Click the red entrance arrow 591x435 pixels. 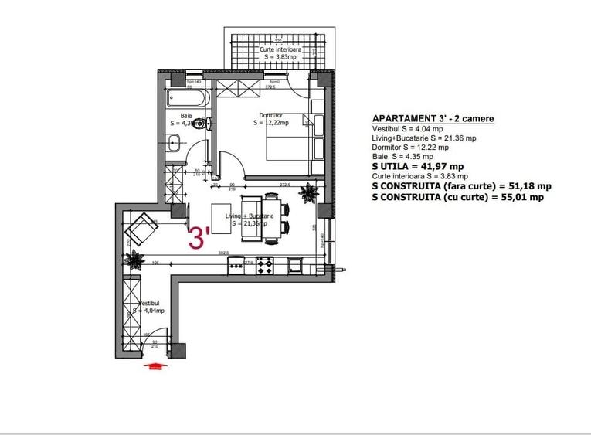pos(156,367)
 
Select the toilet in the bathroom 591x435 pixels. pos(202,123)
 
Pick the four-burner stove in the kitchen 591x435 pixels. pos(266,265)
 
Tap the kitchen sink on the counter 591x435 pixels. pos(294,265)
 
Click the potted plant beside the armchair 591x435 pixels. pos(136,260)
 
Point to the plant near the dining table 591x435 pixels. pos(311,193)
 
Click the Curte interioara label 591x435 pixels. pos(280,49)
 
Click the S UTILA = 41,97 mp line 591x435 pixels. pos(418,166)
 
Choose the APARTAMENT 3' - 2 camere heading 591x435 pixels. pos(433,118)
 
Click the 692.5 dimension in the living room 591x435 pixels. pos(224,253)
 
